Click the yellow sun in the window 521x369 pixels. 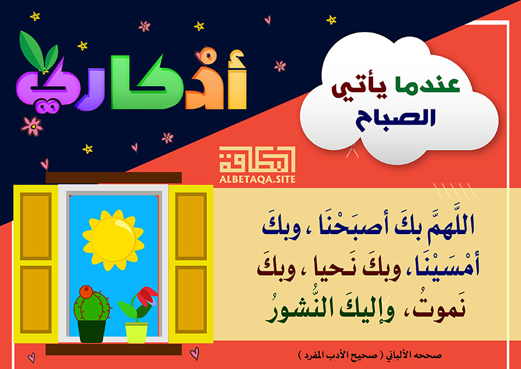113,239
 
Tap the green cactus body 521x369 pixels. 92,306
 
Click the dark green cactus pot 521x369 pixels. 92,332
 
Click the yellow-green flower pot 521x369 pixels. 136,332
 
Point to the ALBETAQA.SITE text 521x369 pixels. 257,180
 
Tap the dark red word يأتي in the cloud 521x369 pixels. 360,89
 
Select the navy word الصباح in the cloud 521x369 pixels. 395,119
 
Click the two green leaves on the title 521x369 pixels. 38,51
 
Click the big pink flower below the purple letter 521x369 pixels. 32,126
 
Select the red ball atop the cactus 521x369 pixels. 86,292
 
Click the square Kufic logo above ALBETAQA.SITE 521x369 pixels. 257,159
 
